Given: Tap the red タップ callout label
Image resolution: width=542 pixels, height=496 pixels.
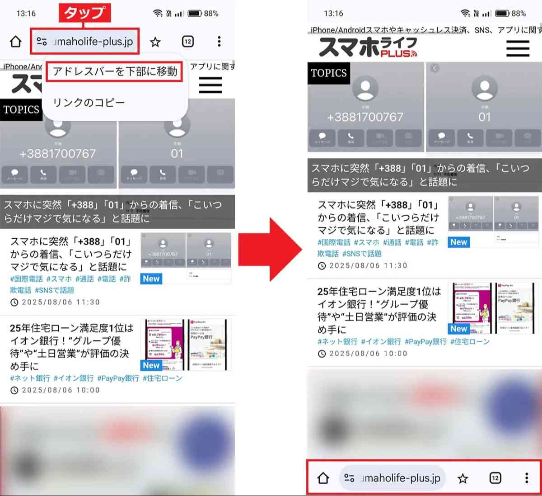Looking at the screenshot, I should [84, 13].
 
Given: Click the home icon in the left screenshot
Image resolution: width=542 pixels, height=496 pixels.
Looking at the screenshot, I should [16, 42].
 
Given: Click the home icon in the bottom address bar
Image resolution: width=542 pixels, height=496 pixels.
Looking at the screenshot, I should [323, 478].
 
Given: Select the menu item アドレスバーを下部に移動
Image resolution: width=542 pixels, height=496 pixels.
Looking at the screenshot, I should [115, 72].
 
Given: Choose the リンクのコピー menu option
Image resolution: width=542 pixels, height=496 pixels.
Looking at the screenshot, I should [89, 103].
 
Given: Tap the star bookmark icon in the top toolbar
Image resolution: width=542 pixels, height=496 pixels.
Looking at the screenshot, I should [155, 42].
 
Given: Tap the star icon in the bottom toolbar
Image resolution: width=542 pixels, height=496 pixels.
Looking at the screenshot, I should [463, 478].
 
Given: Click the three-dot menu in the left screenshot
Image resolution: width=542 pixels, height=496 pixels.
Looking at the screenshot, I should [219, 42].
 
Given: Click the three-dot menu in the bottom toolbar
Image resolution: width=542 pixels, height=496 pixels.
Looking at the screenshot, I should [527, 478].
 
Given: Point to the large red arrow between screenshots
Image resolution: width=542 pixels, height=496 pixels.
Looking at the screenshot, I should [270, 250].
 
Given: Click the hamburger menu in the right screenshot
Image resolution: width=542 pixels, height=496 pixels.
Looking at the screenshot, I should [518, 48].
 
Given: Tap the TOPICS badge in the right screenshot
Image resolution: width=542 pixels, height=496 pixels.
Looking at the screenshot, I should [329, 73].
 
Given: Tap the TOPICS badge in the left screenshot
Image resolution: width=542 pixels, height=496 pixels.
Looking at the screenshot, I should [21, 109].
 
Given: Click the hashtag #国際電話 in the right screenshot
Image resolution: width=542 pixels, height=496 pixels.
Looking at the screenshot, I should [334, 242].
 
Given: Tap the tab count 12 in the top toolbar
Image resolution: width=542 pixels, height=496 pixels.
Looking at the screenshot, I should [188, 42].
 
